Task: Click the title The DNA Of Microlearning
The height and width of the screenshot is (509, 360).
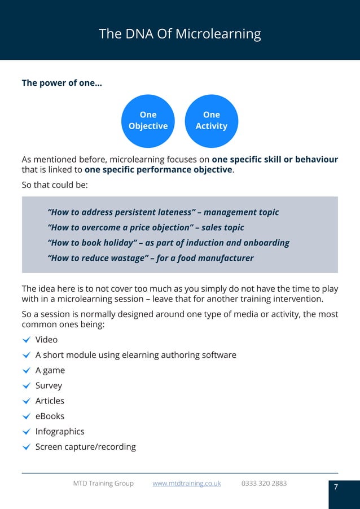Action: [179, 34]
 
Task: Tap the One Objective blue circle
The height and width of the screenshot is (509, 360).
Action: [148, 120]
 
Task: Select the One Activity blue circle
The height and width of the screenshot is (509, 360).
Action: [211, 120]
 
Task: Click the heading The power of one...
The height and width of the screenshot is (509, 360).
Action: [62, 83]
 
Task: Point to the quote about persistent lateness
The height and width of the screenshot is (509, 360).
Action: [164, 212]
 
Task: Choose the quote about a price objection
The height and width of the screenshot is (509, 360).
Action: [146, 227]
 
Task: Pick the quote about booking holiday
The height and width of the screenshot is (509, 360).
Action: [169, 243]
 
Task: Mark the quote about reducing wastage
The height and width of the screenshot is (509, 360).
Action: [151, 258]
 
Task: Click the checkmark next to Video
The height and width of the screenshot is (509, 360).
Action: [26, 340]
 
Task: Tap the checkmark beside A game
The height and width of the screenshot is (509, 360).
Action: [26, 370]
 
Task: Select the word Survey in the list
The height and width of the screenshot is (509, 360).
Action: [49, 385]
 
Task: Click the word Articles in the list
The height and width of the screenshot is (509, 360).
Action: [50, 401]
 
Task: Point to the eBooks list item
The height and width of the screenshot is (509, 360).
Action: [50, 416]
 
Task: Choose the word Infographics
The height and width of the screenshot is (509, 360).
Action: [60, 431]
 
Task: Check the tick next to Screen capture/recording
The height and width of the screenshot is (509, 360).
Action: [26, 447]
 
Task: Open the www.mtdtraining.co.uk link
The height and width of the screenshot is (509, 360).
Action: [186, 483]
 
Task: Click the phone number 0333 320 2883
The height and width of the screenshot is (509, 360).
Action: [264, 483]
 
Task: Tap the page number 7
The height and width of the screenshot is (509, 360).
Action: [336, 487]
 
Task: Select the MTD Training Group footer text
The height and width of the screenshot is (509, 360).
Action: [103, 483]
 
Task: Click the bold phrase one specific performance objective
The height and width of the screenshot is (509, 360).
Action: [158, 169]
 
